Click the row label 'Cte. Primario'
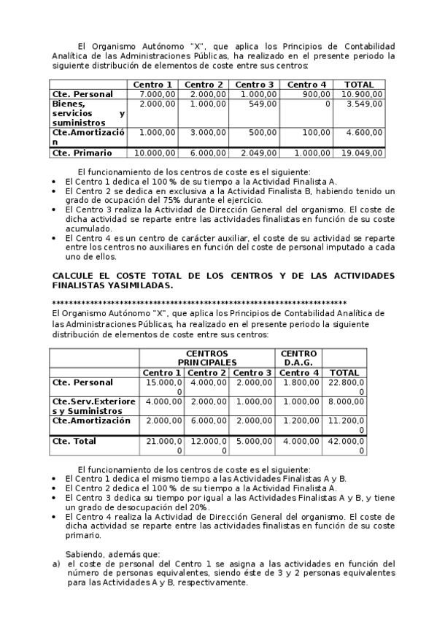(82, 153)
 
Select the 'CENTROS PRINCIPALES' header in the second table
(206, 357)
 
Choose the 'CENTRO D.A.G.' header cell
(298, 357)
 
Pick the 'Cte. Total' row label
(74, 442)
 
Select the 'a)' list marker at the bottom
(56, 564)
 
